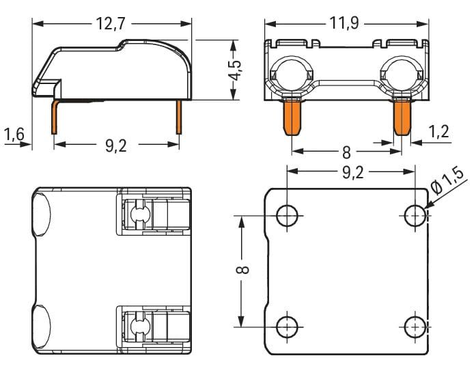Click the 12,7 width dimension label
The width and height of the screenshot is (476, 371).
point(111,24)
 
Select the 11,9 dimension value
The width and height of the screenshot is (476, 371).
point(344,23)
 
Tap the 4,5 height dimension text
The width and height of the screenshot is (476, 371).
point(235,70)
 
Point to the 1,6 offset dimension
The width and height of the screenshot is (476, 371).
point(14,134)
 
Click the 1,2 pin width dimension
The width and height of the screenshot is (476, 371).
point(438,132)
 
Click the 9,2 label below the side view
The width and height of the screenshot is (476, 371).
point(116,146)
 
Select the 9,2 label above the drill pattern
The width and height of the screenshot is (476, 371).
point(353,173)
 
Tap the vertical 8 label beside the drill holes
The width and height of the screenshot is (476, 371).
point(243,270)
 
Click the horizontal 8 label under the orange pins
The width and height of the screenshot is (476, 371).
point(347,153)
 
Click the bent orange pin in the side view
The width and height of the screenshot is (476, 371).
point(55,116)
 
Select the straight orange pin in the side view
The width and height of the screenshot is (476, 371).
point(179,118)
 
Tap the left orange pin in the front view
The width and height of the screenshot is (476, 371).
point(292,118)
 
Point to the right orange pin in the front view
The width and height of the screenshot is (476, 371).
point(402,118)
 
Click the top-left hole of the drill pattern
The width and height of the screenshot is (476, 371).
point(287,216)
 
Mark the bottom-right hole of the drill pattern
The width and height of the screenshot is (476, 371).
point(415,327)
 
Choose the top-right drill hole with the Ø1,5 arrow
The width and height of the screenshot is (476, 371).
point(415,216)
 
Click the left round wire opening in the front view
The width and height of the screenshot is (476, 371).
point(292,74)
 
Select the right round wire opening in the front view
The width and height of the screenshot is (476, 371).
point(402,74)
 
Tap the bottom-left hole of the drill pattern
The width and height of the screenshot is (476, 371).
point(287,327)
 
